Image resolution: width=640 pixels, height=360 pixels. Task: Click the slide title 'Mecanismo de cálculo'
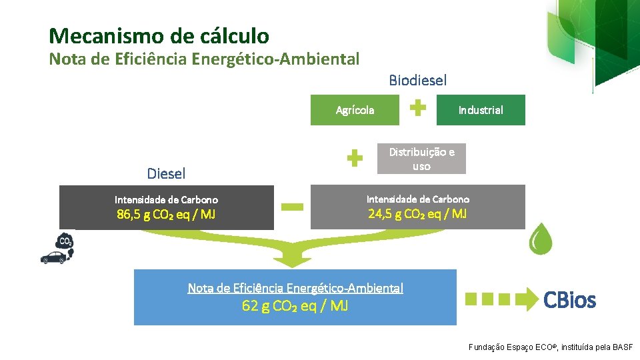(159, 35)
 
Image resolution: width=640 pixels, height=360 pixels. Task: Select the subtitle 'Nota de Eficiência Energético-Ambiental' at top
(204, 59)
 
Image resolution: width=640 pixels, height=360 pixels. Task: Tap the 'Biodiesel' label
(418, 81)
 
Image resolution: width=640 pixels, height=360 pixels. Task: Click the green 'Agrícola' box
(355, 110)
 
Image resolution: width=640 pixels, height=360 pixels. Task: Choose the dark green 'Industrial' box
(481, 110)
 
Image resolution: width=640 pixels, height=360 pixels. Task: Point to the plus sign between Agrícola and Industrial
(418, 108)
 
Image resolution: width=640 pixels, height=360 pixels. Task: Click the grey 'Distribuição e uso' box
(421, 159)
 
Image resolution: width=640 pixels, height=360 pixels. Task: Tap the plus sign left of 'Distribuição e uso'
(355, 159)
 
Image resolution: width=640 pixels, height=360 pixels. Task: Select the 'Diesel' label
(166, 174)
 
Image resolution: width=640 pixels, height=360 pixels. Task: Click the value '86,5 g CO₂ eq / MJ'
(166, 215)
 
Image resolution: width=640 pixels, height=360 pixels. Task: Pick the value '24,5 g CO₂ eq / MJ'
(418, 214)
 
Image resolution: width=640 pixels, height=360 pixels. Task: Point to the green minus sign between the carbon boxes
(292, 207)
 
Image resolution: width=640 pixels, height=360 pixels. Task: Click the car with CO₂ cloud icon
(58, 250)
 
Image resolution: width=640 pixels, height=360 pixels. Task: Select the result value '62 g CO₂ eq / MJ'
(295, 307)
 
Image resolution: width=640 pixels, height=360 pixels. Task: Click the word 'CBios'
(569, 301)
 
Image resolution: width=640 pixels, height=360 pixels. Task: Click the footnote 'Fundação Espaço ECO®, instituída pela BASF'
(551, 347)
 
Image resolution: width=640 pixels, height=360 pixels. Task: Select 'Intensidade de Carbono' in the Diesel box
(166, 200)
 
